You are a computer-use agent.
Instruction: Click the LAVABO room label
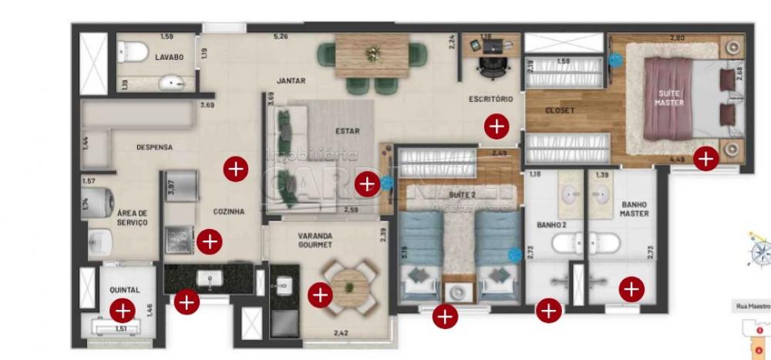pos(167,57)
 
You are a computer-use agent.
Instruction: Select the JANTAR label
pos(291,80)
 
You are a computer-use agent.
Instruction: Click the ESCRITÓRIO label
pos(490,99)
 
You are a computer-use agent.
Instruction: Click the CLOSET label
pos(560,110)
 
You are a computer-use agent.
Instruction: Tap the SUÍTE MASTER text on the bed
pos(668,98)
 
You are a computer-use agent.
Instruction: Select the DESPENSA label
pos(154,147)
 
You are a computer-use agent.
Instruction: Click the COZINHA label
pos(229,210)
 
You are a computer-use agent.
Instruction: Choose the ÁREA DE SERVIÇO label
pos(132,217)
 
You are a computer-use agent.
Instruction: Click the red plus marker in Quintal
pos(122,311)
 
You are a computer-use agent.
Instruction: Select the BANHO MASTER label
pos(634,209)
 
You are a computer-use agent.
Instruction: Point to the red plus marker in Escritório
pos(496,126)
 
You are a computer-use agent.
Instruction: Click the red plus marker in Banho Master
pos(631,289)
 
